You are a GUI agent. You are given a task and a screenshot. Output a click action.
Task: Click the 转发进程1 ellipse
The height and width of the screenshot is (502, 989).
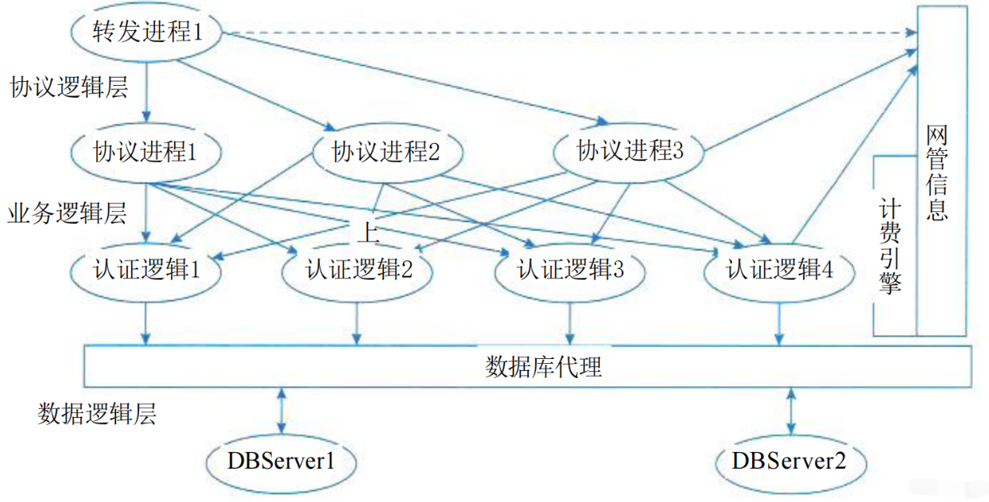pyautogui.click(x=147, y=34)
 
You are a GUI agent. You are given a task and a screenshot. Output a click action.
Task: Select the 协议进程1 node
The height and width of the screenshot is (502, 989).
pyautogui.click(x=145, y=151)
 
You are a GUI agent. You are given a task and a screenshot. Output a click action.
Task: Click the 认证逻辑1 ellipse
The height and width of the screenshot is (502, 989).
pyautogui.click(x=145, y=271)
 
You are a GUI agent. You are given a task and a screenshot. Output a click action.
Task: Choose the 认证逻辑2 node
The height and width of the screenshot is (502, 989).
pyautogui.click(x=358, y=271)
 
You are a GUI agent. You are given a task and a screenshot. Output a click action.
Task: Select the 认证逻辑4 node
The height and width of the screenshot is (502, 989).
pyautogui.click(x=779, y=271)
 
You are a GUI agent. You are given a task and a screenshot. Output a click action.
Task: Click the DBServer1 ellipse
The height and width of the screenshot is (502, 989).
pyautogui.click(x=280, y=461)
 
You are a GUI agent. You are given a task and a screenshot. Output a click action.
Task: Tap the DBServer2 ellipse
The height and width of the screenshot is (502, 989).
pyautogui.click(x=789, y=461)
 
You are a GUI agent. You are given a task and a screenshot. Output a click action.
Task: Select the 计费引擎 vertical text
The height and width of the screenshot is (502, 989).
pyautogui.click(x=890, y=246)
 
